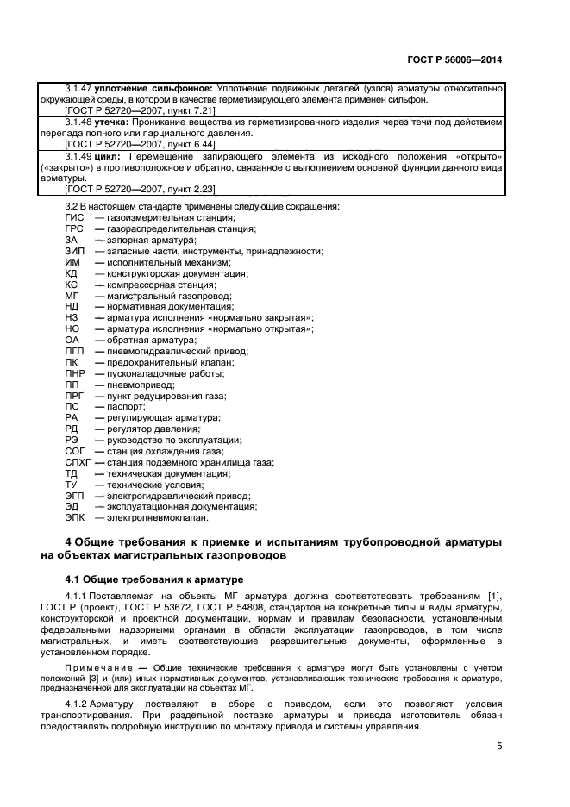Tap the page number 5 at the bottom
click(499, 747)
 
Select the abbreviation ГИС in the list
click(74, 220)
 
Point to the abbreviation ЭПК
click(76, 518)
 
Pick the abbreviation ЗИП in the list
click(75, 251)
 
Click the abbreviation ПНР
click(76, 372)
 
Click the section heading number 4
click(69, 541)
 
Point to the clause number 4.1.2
click(78, 704)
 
